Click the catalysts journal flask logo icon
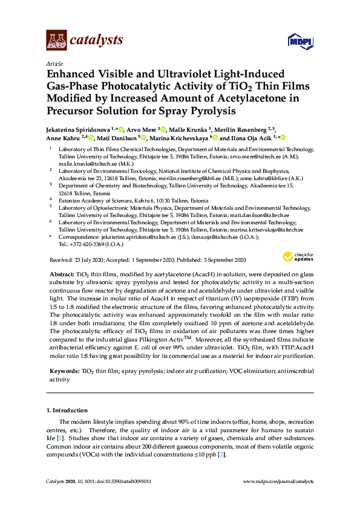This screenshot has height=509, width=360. tap(56, 41)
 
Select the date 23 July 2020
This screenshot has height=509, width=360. tap(88, 260)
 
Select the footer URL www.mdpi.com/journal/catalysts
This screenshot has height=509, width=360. tap(278, 481)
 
